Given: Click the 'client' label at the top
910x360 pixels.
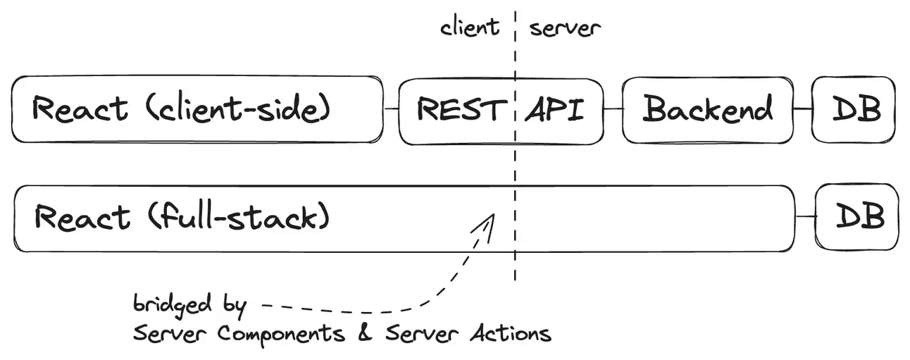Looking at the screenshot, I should (x=469, y=27).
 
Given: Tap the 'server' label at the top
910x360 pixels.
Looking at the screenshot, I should (x=565, y=28).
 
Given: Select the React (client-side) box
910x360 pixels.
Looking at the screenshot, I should (x=197, y=109).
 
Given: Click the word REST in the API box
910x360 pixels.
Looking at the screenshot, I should (x=461, y=110).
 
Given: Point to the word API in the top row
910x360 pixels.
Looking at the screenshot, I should (x=554, y=110).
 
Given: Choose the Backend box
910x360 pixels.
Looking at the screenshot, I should (x=707, y=109).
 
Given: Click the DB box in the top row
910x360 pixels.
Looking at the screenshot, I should (x=854, y=109).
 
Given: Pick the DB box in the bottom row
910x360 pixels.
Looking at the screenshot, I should (x=859, y=217).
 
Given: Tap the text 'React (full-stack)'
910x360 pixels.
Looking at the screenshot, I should (x=182, y=217).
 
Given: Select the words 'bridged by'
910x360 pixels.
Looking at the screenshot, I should (x=189, y=305).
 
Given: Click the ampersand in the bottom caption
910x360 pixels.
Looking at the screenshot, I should (x=364, y=333).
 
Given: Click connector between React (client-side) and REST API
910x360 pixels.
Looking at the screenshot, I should (x=392, y=109).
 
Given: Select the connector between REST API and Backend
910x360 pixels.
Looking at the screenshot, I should (x=613, y=109).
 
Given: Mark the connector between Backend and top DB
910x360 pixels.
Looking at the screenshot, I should (x=802, y=109).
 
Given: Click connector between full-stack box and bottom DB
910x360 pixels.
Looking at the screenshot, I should (x=805, y=217).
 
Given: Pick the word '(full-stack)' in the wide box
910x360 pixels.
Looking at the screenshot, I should (x=239, y=217).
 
